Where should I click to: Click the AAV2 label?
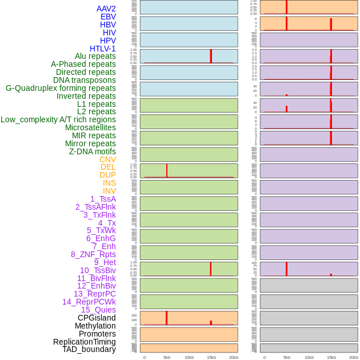106,9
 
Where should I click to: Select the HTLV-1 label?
103,49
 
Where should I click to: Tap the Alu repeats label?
95,56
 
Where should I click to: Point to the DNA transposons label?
85,80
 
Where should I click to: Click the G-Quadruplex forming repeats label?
61,88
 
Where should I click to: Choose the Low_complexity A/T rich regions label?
58,119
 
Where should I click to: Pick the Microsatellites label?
90,127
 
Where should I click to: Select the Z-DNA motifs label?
93,151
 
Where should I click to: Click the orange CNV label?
107,159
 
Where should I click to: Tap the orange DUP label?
107,175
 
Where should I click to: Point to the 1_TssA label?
103,199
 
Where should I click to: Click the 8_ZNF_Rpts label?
93,254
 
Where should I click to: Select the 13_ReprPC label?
94,294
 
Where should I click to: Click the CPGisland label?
97,318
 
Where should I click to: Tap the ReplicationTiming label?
85,342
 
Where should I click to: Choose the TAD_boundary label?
89,349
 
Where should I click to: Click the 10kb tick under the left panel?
189,357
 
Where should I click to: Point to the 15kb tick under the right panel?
331,357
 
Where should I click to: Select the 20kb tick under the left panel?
234,357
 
